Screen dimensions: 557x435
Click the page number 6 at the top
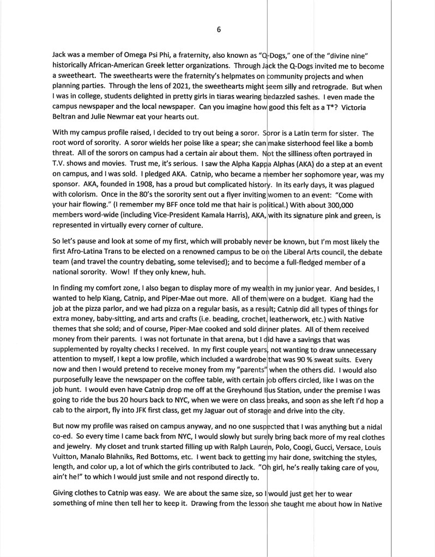click(x=218, y=30)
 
